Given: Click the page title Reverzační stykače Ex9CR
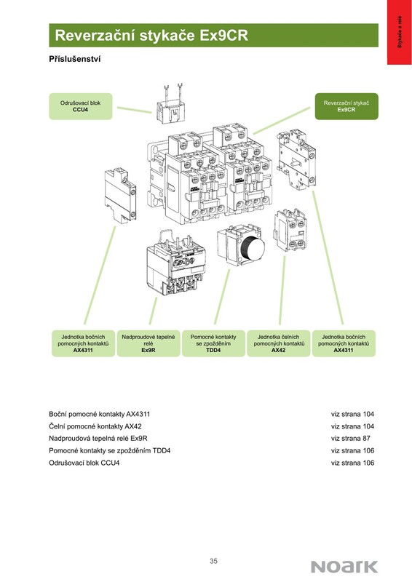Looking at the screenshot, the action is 151,36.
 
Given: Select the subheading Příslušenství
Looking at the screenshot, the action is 75,59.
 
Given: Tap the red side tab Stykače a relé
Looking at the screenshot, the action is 400,32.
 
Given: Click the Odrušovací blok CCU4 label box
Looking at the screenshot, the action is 81,106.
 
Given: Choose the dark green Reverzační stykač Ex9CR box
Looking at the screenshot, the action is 346,106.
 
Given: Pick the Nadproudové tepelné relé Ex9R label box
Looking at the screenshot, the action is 148,343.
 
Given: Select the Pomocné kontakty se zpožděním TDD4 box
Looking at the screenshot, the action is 213,343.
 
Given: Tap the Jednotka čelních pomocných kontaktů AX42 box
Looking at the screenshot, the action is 278,343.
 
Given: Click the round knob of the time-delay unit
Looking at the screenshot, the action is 252,248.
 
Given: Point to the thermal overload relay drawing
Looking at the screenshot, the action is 175,263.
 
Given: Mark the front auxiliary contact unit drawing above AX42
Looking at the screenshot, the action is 290,229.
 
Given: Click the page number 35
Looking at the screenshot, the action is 213,561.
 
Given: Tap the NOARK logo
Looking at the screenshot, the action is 344,567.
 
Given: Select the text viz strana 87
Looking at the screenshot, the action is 351,439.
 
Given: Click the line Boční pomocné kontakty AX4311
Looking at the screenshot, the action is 100,414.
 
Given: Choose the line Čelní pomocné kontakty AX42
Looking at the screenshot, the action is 95,426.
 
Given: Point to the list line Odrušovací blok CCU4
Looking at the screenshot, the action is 84,463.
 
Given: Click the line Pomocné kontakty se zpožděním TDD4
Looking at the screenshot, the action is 110,450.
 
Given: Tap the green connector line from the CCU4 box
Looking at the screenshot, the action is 135,110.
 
